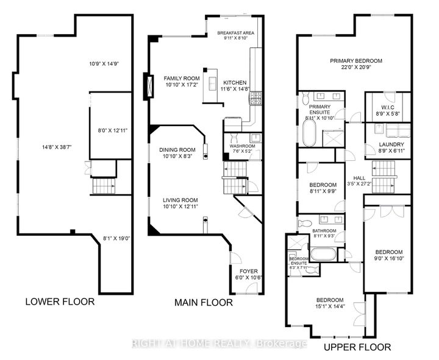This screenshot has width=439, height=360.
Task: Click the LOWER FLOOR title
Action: pyautogui.click(x=60, y=302)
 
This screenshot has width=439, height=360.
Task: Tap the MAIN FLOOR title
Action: pyautogui.click(x=204, y=303)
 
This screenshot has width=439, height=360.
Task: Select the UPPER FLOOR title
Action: pyautogui.click(x=357, y=347)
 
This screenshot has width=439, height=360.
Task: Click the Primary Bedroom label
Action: pyautogui.click(x=356, y=61)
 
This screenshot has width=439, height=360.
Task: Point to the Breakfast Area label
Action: pyautogui.click(x=236, y=33)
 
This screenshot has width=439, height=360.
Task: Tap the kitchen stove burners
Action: pyautogui.click(x=255, y=99)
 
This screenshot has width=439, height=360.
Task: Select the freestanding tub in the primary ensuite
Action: pyautogui.click(x=309, y=133)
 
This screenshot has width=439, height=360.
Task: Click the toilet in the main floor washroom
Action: pyautogui.click(x=234, y=138)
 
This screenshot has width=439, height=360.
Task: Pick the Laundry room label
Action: pyautogui.click(x=391, y=144)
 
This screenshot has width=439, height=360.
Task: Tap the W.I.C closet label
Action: pyautogui.click(x=388, y=108)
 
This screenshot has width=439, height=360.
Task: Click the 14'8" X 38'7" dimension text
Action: pyautogui.click(x=57, y=147)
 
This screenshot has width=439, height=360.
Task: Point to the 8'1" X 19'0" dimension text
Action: pyautogui.click(x=116, y=239)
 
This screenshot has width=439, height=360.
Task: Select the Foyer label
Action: pyautogui.click(x=249, y=271)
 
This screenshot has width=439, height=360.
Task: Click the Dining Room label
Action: pyautogui.click(x=177, y=150)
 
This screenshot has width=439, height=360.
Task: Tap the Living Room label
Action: pyautogui.click(x=180, y=200)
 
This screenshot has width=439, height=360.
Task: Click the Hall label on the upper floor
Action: pyautogui.click(x=359, y=178)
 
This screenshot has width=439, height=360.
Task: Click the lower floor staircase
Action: pyautogui.click(x=104, y=186)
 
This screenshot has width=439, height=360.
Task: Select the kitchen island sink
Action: pyautogui.click(x=212, y=82)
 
